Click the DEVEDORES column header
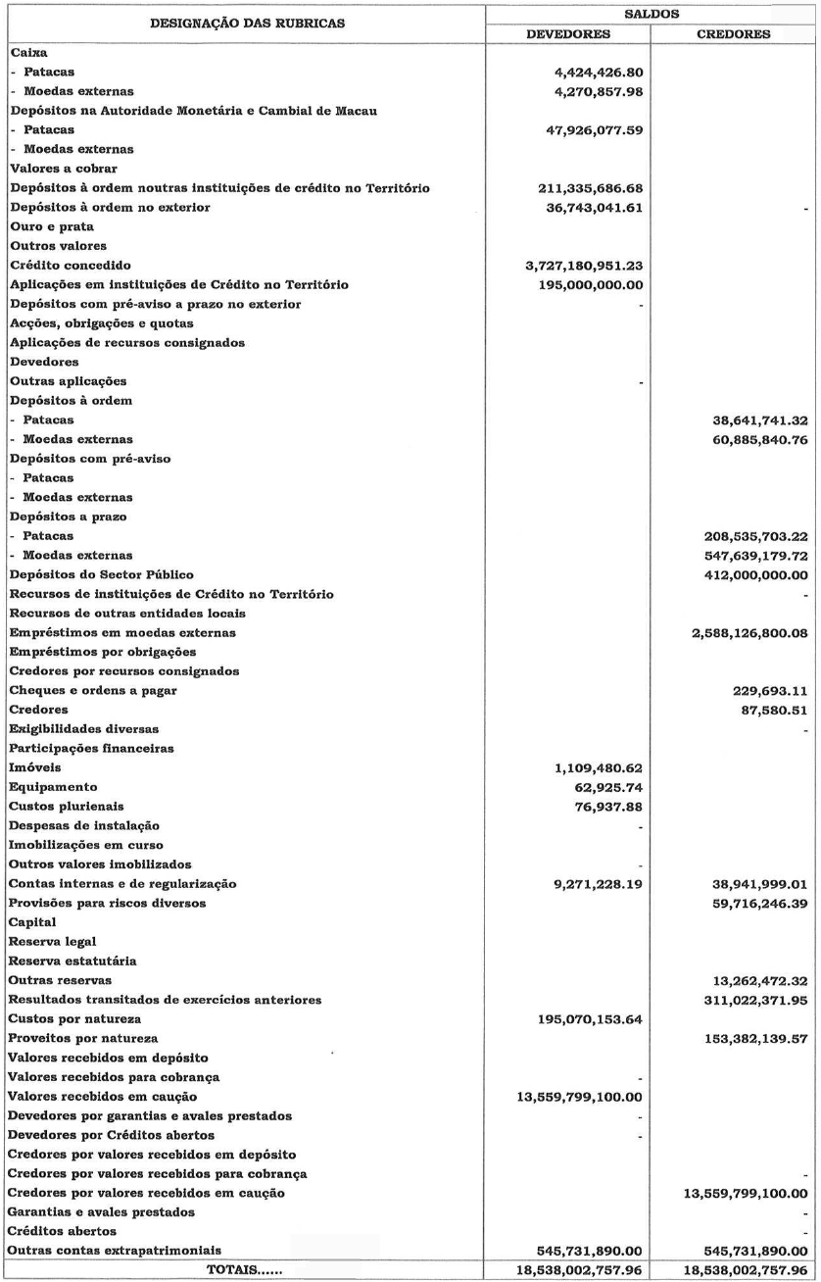[x=569, y=33]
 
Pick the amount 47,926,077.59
[x=583, y=128]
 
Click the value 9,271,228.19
[x=591, y=883]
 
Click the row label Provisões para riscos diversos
[x=107, y=902]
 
